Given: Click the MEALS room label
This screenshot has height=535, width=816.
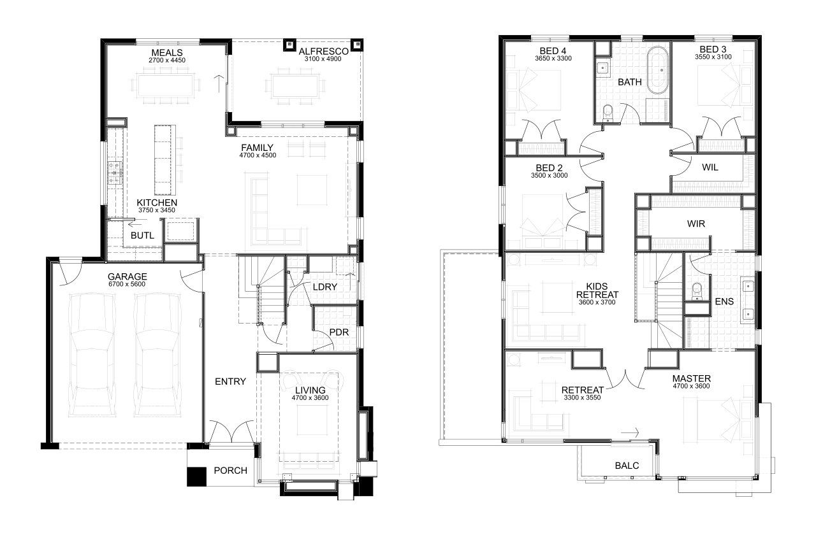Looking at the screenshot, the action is (167, 52).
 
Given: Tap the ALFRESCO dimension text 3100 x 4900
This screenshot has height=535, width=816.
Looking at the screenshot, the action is (323, 59).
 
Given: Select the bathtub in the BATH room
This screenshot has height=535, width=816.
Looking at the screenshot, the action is (657, 70).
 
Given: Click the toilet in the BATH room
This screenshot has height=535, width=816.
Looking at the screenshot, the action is (608, 113).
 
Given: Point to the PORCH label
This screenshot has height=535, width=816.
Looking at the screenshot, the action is (230, 471).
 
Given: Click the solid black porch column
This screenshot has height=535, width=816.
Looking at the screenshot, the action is (197, 476).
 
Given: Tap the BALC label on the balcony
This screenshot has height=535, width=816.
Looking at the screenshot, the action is (627, 466).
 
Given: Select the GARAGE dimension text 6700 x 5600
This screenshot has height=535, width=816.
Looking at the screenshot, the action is (127, 284).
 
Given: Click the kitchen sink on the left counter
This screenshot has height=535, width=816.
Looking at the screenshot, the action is (115, 173).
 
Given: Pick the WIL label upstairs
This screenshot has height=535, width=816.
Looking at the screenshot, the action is (710, 168).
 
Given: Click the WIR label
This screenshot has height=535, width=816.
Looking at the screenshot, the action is (696, 224).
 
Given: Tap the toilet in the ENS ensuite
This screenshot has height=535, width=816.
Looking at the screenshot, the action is (697, 292).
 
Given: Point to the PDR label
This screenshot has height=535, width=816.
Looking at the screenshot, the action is (339, 332).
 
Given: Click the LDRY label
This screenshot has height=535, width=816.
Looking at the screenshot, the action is (325, 287).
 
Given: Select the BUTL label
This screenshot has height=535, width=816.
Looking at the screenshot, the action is (142, 236).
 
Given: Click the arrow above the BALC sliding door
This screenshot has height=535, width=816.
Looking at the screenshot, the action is (630, 432).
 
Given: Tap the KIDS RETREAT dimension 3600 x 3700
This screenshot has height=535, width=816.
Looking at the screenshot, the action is (597, 303).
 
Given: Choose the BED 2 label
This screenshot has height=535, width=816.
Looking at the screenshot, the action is (549, 168).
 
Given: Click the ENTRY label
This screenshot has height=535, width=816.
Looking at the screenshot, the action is (230, 382).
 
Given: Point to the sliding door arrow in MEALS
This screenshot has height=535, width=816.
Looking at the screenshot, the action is (219, 83).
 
